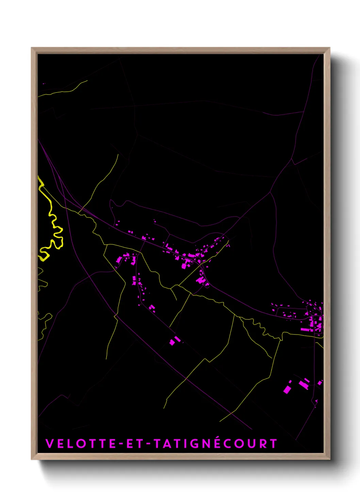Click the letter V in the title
pyautogui.click(x=50, y=443)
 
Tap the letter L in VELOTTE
pyautogui.click(x=69, y=443)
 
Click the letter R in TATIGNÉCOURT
pyautogui.click(x=262, y=443)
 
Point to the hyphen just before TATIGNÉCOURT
pyautogui.click(x=148, y=444)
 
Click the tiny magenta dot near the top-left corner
pyautogui.click(x=44, y=83)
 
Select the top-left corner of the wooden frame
pyautogui.click(x=32, y=48)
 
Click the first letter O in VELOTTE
pyautogui.click(x=80, y=443)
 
